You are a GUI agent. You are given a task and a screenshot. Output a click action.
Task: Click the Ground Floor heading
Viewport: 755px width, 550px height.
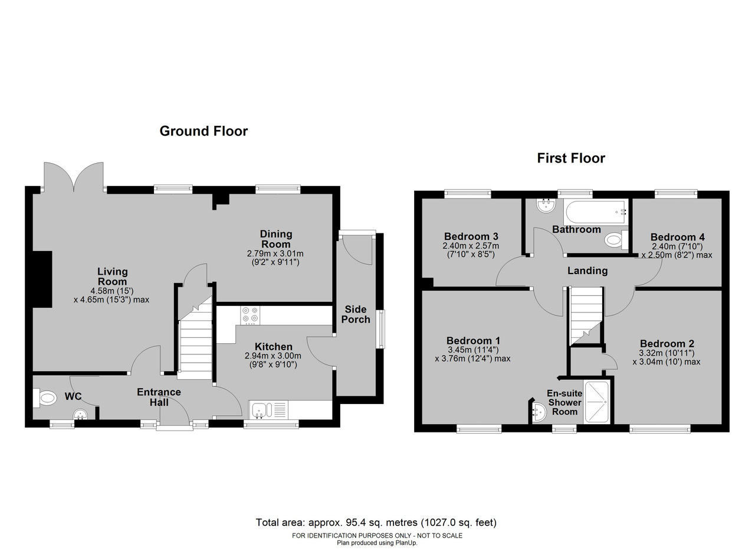tap(203, 131)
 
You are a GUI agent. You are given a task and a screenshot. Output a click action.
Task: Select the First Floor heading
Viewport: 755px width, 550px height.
tap(571, 158)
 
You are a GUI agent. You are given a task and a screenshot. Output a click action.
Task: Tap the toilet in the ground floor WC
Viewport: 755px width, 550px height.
tap(45, 398)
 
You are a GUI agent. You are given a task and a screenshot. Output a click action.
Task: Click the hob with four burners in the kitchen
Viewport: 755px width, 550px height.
tap(250, 315)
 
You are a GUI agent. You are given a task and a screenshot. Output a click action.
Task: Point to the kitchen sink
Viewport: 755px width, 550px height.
tap(268, 409)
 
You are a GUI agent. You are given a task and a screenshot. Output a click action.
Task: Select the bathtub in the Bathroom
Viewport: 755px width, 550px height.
tap(596, 212)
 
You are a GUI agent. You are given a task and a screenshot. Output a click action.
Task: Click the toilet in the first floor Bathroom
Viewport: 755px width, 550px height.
tap(616, 240)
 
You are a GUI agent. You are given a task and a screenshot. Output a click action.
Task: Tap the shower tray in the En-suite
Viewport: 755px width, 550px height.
tap(596, 402)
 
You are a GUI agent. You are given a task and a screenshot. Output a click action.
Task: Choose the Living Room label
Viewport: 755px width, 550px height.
tap(112, 276)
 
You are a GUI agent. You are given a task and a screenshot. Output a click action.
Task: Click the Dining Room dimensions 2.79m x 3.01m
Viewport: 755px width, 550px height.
tap(275, 253)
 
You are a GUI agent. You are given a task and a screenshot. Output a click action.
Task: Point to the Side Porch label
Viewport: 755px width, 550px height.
tap(356, 314)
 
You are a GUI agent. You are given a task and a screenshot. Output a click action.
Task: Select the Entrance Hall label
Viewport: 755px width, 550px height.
tap(159, 397)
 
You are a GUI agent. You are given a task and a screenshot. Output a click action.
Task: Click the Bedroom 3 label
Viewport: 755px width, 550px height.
tap(471, 236)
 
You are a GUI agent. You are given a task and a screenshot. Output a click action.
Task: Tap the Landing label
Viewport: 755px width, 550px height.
tap(587, 271)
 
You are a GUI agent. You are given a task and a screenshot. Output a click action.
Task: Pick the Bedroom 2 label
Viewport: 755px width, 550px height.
tap(667, 344)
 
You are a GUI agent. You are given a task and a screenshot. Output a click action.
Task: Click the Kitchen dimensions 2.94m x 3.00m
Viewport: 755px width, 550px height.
tap(273, 356)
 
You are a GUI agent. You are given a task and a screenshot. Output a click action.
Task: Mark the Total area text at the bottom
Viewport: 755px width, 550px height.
tap(376, 522)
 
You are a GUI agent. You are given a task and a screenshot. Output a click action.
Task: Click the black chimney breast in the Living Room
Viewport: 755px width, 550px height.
tap(42, 279)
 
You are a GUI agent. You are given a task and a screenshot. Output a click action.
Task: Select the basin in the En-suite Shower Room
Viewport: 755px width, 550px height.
tap(539, 412)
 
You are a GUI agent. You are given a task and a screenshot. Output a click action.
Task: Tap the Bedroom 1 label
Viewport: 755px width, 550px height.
tap(473, 340)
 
